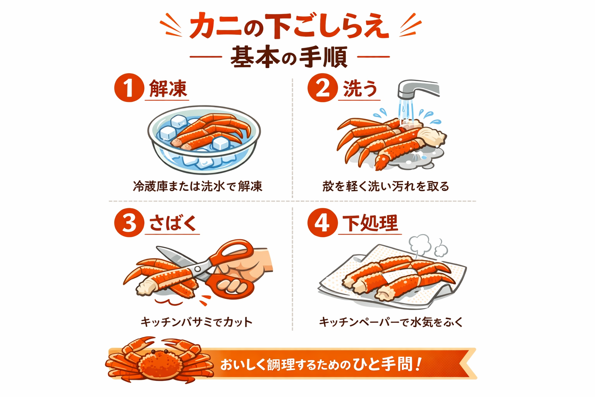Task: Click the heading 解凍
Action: pyautogui.click(x=168, y=89)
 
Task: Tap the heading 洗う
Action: pyautogui.click(x=360, y=89)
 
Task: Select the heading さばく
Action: pyautogui.click(x=173, y=223)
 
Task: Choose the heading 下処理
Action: pyautogui.click(x=370, y=223)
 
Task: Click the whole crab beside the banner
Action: pyautogui.click(x=159, y=361)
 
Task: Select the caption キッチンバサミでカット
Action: pyautogui.click(x=196, y=322)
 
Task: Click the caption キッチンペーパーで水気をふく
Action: pyautogui.click(x=390, y=322)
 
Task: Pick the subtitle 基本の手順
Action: pyautogui.click(x=289, y=57)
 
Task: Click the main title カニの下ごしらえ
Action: pyautogui.click(x=289, y=26)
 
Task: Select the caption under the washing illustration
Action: pyautogui.click(x=385, y=186)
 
